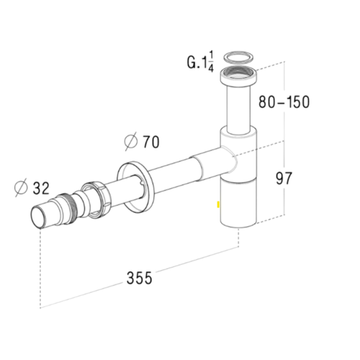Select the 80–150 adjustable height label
(284, 102)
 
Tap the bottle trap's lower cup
(237, 205)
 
